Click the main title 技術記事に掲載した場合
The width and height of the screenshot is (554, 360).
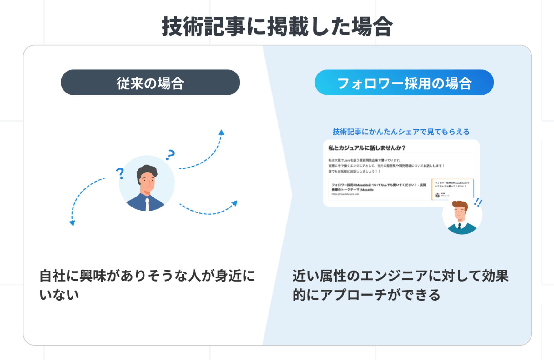(x=277, y=27)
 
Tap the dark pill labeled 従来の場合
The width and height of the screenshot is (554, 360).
(x=150, y=82)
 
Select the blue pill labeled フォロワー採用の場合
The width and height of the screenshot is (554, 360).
(x=404, y=82)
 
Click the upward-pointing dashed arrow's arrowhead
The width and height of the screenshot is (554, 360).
(x=221, y=132)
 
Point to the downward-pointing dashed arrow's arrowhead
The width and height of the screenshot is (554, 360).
(x=72, y=223)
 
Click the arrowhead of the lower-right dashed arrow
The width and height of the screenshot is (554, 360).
(x=234, y=204)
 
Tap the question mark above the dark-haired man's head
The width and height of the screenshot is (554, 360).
(x=170, y=154)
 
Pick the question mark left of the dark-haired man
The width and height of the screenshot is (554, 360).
(x=120, y=173)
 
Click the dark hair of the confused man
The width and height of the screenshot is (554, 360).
(x=147, y=171)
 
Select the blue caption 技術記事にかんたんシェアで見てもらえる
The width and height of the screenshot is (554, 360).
(x=401, y=132)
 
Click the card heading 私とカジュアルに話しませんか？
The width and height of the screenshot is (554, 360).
(x=367, y=148)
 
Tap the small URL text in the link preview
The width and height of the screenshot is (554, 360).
(x=345, y=194)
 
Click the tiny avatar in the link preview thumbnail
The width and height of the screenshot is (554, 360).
(x=437, y=195)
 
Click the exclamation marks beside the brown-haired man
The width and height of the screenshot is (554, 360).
(x=478, y=202)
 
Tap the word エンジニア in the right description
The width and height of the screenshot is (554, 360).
(x=394, y=276)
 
